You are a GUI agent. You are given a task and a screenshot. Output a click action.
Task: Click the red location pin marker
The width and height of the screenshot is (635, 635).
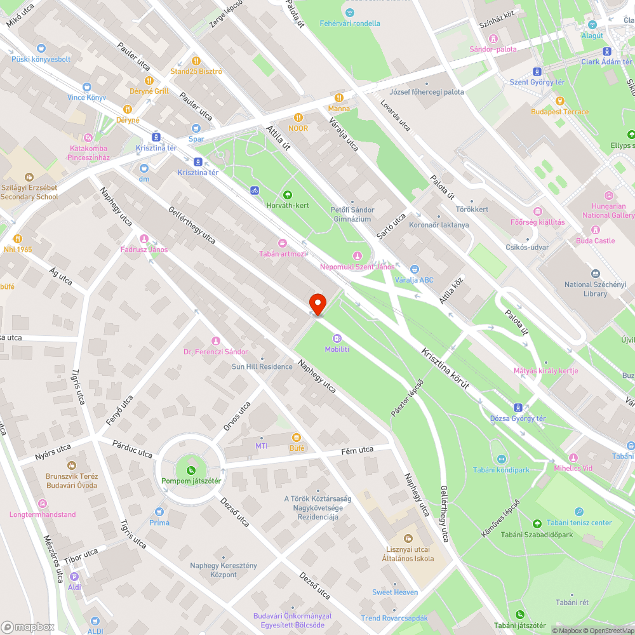(x=317, y=304)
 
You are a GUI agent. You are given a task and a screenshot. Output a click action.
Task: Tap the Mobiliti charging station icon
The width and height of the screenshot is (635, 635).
(x=337, y=338)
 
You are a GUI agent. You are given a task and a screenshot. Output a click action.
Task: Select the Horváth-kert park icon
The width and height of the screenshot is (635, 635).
(x=288, y=195)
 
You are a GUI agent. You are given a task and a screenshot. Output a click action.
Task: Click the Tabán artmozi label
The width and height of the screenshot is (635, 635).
(x=283, y=253)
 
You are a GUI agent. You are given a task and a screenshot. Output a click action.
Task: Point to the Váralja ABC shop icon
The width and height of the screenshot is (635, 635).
(x=415, y=269)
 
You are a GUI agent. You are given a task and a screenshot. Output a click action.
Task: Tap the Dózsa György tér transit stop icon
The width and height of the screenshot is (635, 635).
(x=518, y=408)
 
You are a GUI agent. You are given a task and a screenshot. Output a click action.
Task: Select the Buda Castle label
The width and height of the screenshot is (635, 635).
(x=595, y=241)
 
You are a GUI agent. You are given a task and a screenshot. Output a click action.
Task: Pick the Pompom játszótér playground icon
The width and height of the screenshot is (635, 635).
(x=190, y=470)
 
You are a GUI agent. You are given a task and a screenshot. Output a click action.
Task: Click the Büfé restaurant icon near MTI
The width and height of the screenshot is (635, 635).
(x=296, y=438)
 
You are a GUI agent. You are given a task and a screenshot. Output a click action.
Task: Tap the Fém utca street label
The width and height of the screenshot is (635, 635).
(x=358, y=451)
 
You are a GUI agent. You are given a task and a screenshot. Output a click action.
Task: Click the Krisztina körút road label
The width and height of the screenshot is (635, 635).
(x=448, y=369)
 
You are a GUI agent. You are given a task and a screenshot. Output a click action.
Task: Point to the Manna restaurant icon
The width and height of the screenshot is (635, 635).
(x=339, y=98)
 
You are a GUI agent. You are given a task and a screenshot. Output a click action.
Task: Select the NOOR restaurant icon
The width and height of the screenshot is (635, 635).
(x=298, y=117)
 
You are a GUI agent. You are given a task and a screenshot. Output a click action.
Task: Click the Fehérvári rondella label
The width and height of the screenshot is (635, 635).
(x=350, y=23)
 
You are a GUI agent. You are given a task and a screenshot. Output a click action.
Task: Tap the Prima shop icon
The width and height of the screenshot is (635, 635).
(x=159, y=512)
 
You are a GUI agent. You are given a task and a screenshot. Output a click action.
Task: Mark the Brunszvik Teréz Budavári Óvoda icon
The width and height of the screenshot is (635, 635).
(x=71, y=465)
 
